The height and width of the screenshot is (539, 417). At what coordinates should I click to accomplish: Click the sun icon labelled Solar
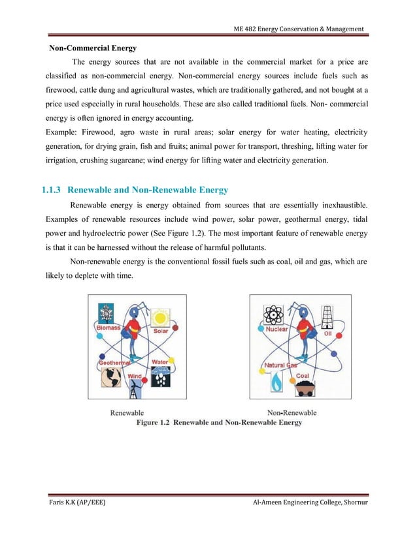point(161,318)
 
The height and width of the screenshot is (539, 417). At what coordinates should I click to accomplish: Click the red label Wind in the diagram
point(135,377)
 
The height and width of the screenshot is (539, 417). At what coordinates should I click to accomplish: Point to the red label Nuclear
point(276,330)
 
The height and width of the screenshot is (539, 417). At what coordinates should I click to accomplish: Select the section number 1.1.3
point(51,191)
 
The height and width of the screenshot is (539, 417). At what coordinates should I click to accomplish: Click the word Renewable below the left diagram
point(127,412)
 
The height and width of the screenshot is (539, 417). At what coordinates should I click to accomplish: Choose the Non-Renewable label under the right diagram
point(292,412)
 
